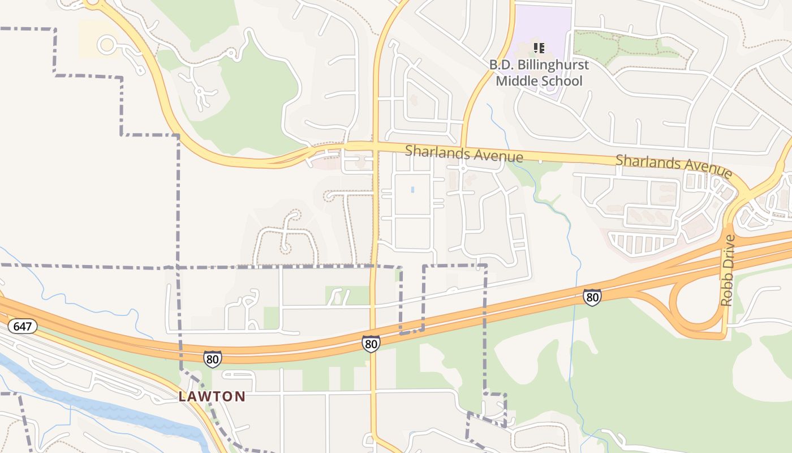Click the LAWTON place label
[212, 396]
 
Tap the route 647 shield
[23, 326]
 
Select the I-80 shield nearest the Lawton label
[213, 358]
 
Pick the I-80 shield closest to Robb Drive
[592, 297]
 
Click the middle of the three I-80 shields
[371, 343]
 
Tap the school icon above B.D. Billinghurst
[539, 48]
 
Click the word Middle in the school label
[516, 81]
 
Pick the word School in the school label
[561, 81]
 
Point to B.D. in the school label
[502, 65]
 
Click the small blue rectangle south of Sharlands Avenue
[412, 190]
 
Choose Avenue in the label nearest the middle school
[498, 156]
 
